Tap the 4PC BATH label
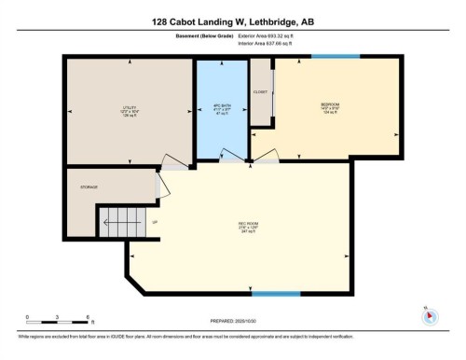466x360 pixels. pyautogui.click(x=223, y=105)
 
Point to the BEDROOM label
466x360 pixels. pyautogui.click(x=331, y=104)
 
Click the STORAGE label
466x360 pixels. pyautogui.click(x=89, y=187)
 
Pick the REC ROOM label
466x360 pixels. pyautogui.click(x=247, y=225)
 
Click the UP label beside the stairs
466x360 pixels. pyautogui.click(x=155, y=221)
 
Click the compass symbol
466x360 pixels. pyautogui.click(x=430, y=315)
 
